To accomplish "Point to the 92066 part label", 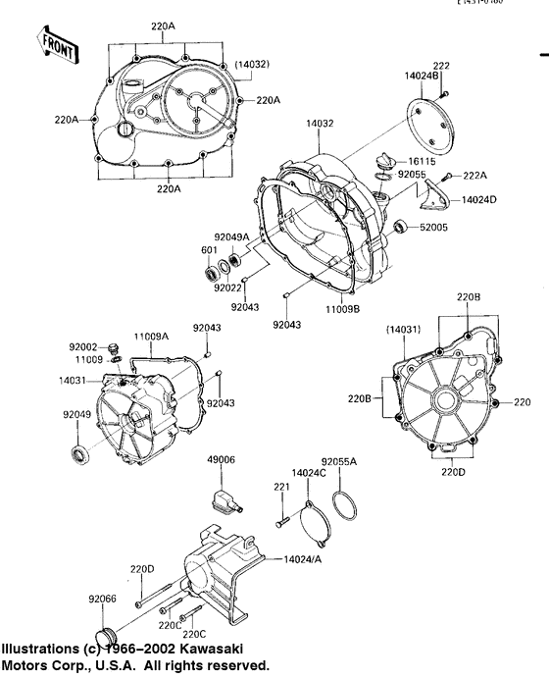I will [103, 598].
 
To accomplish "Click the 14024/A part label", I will [304, 559].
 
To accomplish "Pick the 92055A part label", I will [340, 460].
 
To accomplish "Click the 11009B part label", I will [344, 308].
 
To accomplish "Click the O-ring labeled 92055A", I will [344, 507].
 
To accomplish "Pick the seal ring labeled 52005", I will [401, 229].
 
